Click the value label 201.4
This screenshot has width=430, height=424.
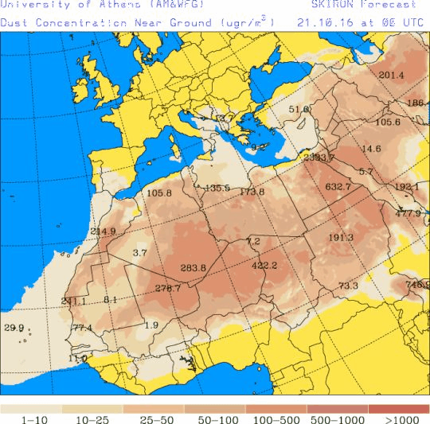pyautogui.click(x=391, y=76)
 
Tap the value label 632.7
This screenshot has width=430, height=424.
pyautogui.click(x=338, y=187)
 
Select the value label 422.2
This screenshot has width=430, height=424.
pyautogui.click(x=264, y=266)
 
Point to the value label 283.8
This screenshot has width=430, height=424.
pyautogui.click(x=193, y=268)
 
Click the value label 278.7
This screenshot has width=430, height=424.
pyautogui.click(x=167, y=288)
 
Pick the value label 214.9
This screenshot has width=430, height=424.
pyautogui.click(x=103, y=231)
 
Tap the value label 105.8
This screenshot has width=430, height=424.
pyautogui.click(x=159, y=193)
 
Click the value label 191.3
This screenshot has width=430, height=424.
pyautogui.click(x=340, y=238)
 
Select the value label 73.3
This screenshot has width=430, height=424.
pyautogui.click(x=348, y=286)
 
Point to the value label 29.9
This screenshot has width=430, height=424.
pyautogui.click(x=14, y=328)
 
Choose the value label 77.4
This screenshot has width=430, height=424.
pyautogui.click(x=82, y=328)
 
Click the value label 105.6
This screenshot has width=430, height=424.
pyautogui.click(x=387, y=123)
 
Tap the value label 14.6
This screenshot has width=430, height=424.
pyautogui.click(x=371, y=149)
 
